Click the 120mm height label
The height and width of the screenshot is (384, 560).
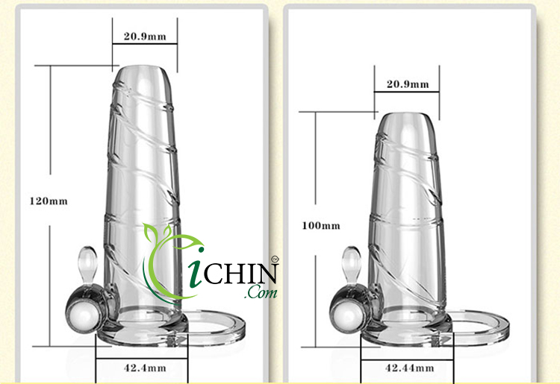click(49, 201)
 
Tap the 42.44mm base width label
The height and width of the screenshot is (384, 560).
click(408, 367)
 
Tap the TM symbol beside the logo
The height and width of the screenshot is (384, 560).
click(274, 259)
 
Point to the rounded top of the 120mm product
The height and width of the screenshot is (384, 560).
click(145, 75)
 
